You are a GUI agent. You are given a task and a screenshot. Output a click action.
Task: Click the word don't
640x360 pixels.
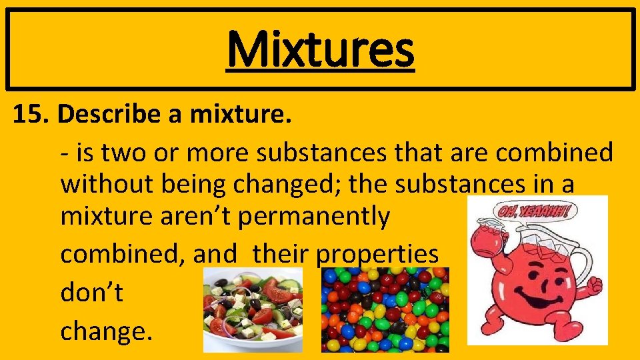pyautogui.click(x=92, y=293)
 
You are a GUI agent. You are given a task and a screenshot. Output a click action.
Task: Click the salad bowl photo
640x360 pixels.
pyautogui.click(x=252, y=311)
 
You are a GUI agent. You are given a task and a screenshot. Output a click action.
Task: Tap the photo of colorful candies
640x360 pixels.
pyautogui.click(x=385, y=309)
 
